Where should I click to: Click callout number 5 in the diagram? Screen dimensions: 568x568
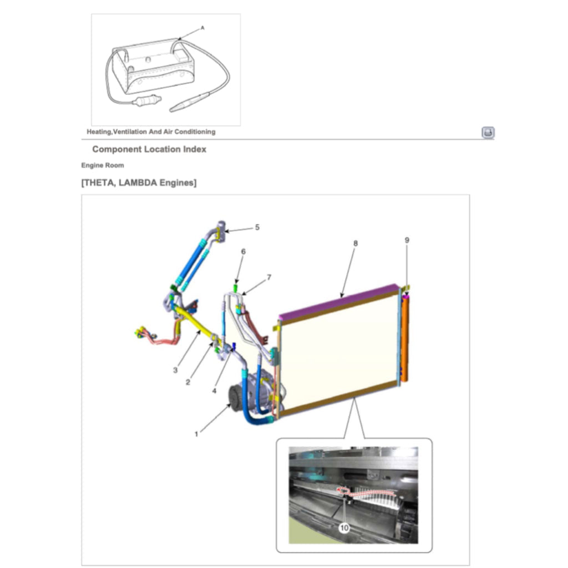pos(257,227)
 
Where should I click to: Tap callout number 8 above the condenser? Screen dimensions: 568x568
pos(356,244)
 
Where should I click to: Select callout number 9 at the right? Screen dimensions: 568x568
pos(407,240)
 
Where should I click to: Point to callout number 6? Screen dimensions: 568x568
pos(243,251)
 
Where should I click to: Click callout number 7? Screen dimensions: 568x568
pos(269,277)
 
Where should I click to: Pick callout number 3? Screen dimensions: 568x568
pos(175,370)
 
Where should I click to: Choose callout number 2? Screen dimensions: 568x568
pos(187,382)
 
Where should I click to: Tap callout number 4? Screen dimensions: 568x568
pos(214,391)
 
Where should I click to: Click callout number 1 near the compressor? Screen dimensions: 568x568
pos(196,434)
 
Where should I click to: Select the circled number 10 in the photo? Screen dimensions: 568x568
pos(344,528)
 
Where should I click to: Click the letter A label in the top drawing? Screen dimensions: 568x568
pos(202,28)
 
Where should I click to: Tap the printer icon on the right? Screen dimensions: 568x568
pos(488,132)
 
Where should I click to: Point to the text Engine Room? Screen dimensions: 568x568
pos(103,165)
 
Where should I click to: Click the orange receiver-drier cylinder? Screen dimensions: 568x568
pos(405,339)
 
